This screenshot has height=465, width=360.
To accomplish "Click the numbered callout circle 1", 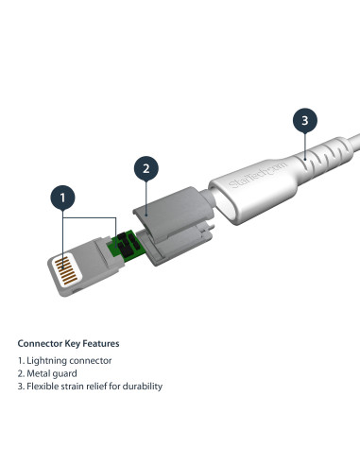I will point(62,198).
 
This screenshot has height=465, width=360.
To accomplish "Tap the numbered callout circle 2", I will point(146,169).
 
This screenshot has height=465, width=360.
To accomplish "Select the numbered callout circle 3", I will point(302,120).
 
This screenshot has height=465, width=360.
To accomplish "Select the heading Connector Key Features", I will point(68,343).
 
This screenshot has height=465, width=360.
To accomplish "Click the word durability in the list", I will point(142,387).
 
